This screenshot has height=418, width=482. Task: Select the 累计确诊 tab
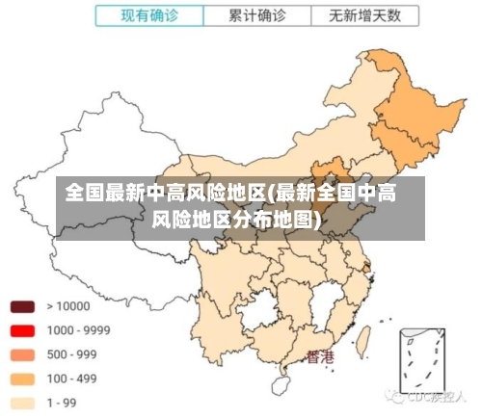tap(257, 15)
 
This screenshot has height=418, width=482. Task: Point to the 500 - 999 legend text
tap(72, 354)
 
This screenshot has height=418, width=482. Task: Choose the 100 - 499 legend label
tap(72, 379)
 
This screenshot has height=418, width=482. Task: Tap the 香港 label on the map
tap(320, 357)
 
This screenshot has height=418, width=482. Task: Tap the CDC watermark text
tap(439, 396)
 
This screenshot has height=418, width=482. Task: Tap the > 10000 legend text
tap(68, 307)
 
